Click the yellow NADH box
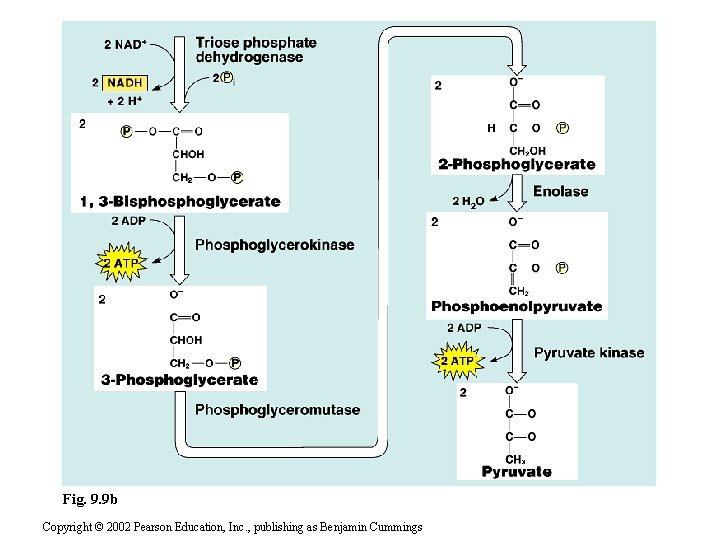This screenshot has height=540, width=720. (124, 82)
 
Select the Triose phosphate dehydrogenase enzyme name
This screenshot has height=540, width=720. (256, 50)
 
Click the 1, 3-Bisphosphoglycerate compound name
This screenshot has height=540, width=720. (179, 201)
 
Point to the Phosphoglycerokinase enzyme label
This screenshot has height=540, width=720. (274, 244)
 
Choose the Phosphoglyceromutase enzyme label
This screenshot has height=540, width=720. (277, 409)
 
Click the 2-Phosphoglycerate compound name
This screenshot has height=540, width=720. (516, 164)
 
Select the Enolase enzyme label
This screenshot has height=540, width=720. (560, 191)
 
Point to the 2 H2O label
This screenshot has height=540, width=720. (468, 201)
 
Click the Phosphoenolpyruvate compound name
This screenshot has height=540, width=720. (516, 306)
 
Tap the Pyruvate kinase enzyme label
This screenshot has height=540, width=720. (589, 352)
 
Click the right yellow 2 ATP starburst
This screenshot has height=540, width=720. (459, 360)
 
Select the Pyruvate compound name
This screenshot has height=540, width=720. (516, 471)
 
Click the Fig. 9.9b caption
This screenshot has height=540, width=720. (89, 498)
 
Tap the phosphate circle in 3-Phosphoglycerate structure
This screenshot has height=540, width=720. (234, 363)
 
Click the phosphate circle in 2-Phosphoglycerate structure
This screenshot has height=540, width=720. (563, 128)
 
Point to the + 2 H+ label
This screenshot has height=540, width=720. (124, 102)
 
